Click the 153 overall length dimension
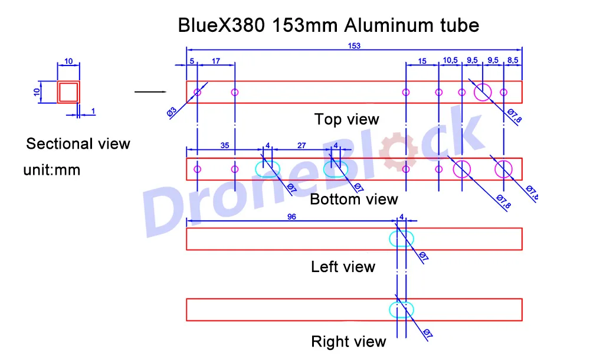pyautogui.click(x=354, y=46)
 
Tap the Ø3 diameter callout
pyautogui.click(x=172, y=112)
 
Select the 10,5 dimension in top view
pyautogui.click(x=450, y=60)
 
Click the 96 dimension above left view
pyautogui.click(x=291, y=217)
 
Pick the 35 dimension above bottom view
pyautogui.click(x=225, y=145)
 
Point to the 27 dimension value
pyautogui.click(x=301, y=145)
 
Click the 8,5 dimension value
pyautogui.click(x=513, y=60)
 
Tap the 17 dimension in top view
pyautogui.click(x=216, y=61)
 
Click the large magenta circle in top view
pyautogui.click(x=483, y=92)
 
